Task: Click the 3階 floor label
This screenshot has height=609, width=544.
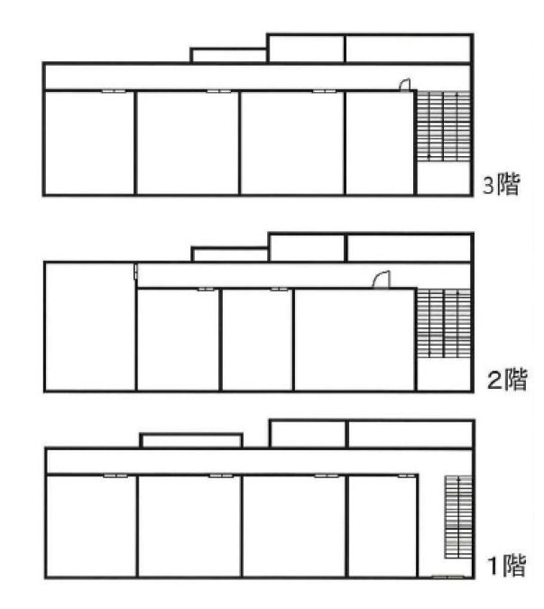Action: pyautogui.click(x=501, y=184)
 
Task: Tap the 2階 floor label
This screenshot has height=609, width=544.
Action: pyautogui.click(x=507, y=379)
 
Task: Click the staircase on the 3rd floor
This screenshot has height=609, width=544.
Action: pyautogui.click(x=444, y=125)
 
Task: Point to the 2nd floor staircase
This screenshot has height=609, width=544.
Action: pyautogui.click(x=444, y=323)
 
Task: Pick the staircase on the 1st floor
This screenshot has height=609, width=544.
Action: pyautogui.click(x=458, y=517)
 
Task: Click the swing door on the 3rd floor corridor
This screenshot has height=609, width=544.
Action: pyautogui.click(x=405, y=85)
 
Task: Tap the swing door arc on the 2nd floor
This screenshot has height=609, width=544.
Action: pyautogui.click(x=381, y=280)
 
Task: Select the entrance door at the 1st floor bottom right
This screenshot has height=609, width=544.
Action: pyautogui.click(x=448, y=577)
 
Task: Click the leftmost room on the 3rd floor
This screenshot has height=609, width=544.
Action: pyautogui.click(x=89, y=143)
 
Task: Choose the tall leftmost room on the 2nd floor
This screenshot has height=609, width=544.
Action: pyautogui.click(x=90, y=327)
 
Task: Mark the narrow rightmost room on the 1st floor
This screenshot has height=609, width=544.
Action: pyautogui.click(x=383, y=526)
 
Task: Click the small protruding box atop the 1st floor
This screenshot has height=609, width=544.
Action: pyautogui.click(x=191, y=441)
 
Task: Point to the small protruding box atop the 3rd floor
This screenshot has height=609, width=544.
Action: pyautogui.click(x=228, y=55)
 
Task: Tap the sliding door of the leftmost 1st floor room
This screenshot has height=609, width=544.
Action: pyautogui.click(x=115, y=475)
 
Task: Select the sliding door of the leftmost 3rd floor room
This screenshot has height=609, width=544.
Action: pyautogui.click(x=114, y=91)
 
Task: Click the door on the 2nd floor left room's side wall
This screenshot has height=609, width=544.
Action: pyautogui.click(x=135, y=272)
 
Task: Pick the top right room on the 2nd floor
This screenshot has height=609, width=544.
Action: pyautogui.click(x=409, y=248)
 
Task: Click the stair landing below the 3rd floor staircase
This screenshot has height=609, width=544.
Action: pyautogui.click(x=444, y=177)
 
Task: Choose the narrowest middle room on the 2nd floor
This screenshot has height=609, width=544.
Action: pyautogui.click(x=256, y=340)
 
